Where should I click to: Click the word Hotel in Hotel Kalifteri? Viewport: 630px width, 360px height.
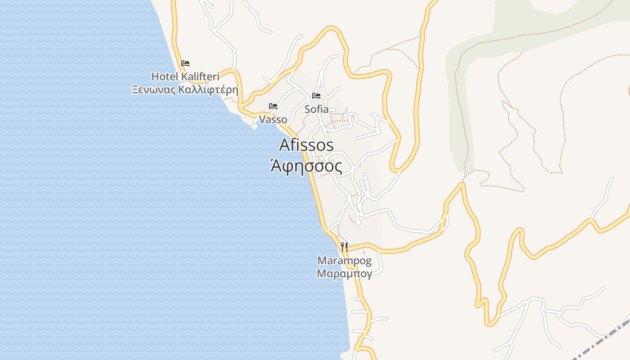click(x=165, y=76)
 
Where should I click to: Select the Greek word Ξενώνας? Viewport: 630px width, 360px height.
click(x=153, y=89)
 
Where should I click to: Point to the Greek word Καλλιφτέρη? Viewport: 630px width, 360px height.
click(x=208, y=89)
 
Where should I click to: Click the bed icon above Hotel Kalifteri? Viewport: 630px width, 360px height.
click(x=185, y=63)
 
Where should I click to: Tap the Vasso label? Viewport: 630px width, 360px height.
click(x=273, y=120)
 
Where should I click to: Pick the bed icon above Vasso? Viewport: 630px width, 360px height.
click(x=273, y=106)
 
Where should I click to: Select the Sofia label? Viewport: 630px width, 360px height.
click(x=316, y=109)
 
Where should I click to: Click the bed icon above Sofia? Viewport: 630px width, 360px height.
click(x=316, y=96)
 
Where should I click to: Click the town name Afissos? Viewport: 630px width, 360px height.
click(x=306, y=145)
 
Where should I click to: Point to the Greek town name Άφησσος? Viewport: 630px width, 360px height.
click(x=306, y=166)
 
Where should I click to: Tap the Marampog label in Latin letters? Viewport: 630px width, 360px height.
click(x=344, y=261)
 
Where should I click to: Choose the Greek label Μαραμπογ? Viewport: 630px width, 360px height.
click(x=344, y=274)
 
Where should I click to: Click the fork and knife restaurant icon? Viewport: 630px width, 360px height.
click(x=344, y=247)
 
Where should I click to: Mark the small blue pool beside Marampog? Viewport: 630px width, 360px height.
click(x=364, y=253)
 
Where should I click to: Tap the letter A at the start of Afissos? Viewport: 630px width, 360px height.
click(x=285, y=145)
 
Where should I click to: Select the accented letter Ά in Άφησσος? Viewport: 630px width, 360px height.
click(x=276, y=166)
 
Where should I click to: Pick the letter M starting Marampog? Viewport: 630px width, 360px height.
click(x=322, y=261)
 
